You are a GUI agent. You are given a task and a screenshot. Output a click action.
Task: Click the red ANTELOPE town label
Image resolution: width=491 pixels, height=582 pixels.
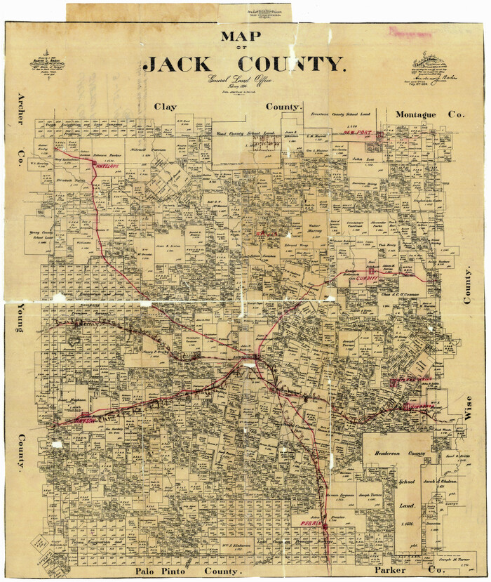(106, 167)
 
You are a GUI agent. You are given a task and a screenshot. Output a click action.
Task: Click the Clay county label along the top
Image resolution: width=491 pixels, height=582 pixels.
(166, 107)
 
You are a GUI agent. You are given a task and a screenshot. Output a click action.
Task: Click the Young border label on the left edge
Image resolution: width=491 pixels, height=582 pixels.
(20, 324)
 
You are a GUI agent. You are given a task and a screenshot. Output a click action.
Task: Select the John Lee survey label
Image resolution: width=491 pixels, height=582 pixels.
(362, 159)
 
